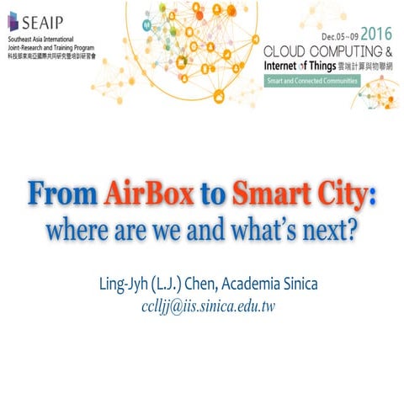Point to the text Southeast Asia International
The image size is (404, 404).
pyautogui.click(x=42, y=39)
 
